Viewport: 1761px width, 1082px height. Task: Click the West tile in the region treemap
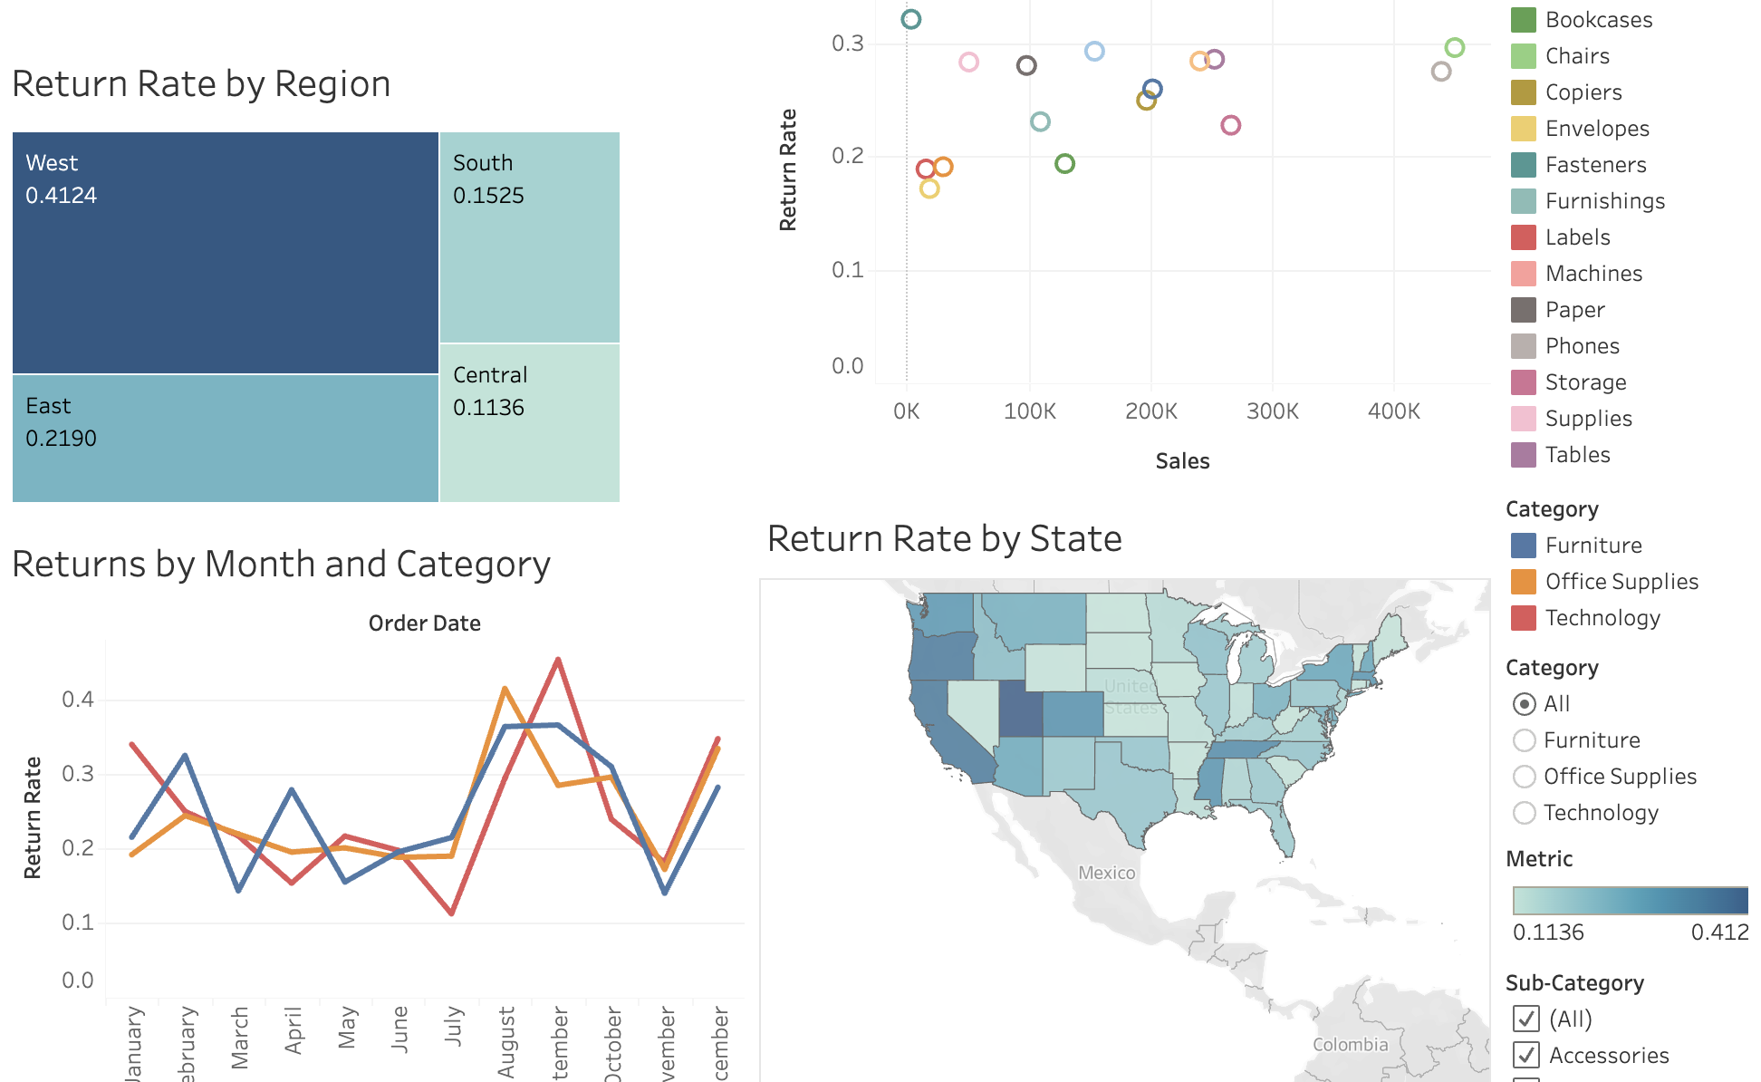pyautogui.click(x=225, y=253)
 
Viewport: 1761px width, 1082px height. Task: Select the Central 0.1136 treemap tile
pyautogui.click(x=529, y=423)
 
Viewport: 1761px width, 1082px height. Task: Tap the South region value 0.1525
pyautogui.click(x=488, y=196)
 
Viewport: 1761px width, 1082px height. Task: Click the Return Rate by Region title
pyautogui.click(x=201, y=84)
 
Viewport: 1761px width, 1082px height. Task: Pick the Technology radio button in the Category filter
pyautogui.click(x=1525, y=813)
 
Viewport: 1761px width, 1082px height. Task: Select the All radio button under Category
pyautogui.click(x=1525, y=704)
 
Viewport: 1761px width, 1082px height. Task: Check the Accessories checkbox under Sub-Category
pyautogui.click(x=1526, y=1055)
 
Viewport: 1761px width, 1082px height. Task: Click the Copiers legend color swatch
pyautogui.click(x=1524, y=92)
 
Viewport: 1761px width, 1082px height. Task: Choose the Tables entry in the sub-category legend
pyautogui.click(x=1577, y=455)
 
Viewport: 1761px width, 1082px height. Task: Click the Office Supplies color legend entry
pyautogui.click(x=1621, y=582)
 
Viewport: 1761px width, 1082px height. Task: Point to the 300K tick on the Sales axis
pyautogui.click(x=1272, y=411)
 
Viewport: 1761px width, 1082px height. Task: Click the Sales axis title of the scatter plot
pyautogui.click(x=1182, y=461)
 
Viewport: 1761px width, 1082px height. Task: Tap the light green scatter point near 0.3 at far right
pyautogui.click(x=1455, y=47)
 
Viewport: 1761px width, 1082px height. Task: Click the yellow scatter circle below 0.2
pyautogui.click(x=929, y=188)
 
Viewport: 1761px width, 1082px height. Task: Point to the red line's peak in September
pyautogui.click(x=558, y=660)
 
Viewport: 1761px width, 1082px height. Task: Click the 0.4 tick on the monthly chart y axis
pyautogui.click(x=78, y=700)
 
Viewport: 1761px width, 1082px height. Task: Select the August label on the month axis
pyautogui.click(x=506, y=1042)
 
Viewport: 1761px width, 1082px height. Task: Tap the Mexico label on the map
pyautogui.click(x=1106, y=873)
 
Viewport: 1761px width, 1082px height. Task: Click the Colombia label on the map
pyautogui.click(x=1350, y=1045)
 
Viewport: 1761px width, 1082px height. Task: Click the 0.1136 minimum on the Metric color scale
pyautogui.click(x=1548, y=932)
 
